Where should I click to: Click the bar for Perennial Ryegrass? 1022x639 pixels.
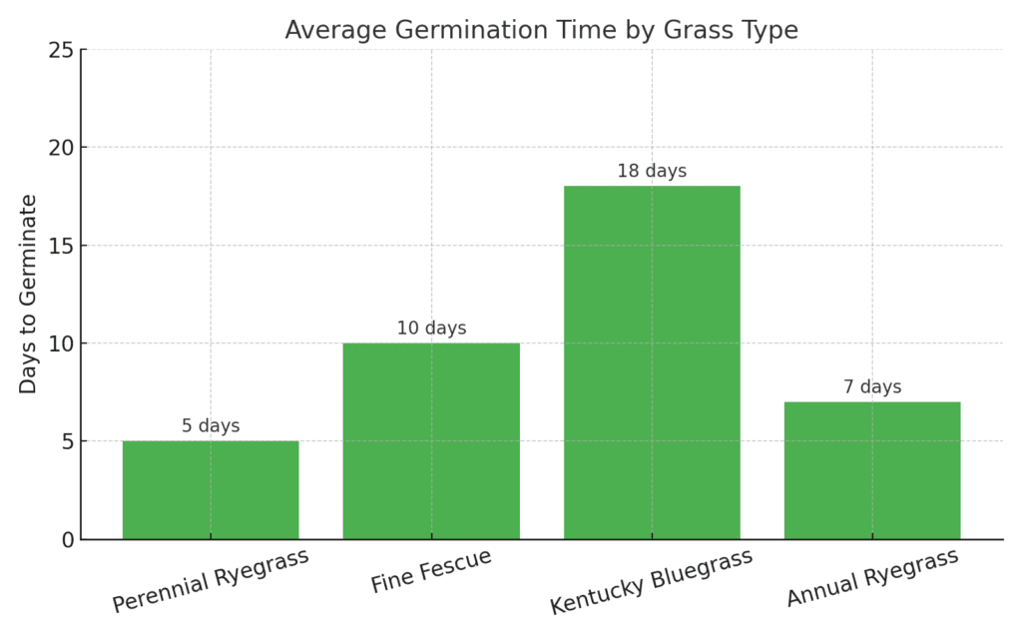coord(211,489)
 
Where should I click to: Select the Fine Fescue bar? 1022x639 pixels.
coord(431,440)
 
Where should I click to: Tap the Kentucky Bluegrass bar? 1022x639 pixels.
coord(652,361)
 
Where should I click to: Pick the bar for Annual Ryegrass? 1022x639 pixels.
coord(872,469)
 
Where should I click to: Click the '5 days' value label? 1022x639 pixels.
coord(211,426)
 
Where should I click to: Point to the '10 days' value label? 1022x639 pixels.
coord(431,328)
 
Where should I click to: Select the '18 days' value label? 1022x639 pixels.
coord(652,171)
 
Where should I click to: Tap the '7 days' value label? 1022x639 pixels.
coord(872,386)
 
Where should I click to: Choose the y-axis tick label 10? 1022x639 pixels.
coord(62,343)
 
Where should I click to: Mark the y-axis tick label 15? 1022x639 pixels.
coord(62,246)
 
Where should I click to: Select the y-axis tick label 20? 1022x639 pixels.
coord(62,148)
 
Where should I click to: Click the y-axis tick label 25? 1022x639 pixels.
coord(62,50)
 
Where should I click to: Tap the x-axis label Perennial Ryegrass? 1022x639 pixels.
coord(210,581)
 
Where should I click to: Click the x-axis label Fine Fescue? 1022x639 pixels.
coord(431,571)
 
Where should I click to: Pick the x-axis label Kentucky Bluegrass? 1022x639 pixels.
coord(651,582)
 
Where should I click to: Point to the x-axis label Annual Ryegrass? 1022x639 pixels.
coord(872,577)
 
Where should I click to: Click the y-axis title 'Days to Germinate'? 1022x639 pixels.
coord(28,294)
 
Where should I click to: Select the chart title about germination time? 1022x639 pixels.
coord(541,30)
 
